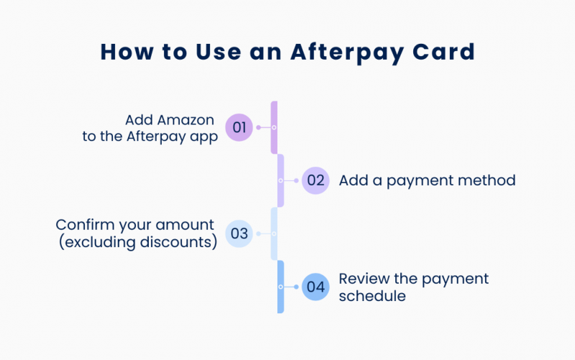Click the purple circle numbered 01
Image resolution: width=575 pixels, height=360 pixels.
(x=239, y=128)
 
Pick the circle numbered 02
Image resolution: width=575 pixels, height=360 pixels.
(x=316, y=180)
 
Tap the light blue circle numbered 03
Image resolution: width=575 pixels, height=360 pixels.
(x=239, y=234)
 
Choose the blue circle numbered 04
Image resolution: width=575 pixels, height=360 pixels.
(x=316, y=287)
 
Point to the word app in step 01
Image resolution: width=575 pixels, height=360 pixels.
(x=203, y=137)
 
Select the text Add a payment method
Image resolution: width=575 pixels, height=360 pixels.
(x=427, y=180)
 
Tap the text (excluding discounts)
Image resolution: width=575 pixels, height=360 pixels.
(x=138, y=242)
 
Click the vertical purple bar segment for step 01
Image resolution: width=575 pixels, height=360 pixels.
(x=274, y=128)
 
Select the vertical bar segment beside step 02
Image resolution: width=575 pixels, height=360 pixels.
(x=281, y=180)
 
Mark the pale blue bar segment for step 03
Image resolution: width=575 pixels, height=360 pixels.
(x=274, y=234)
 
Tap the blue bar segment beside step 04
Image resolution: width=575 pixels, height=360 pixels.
(x=281, y=287)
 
